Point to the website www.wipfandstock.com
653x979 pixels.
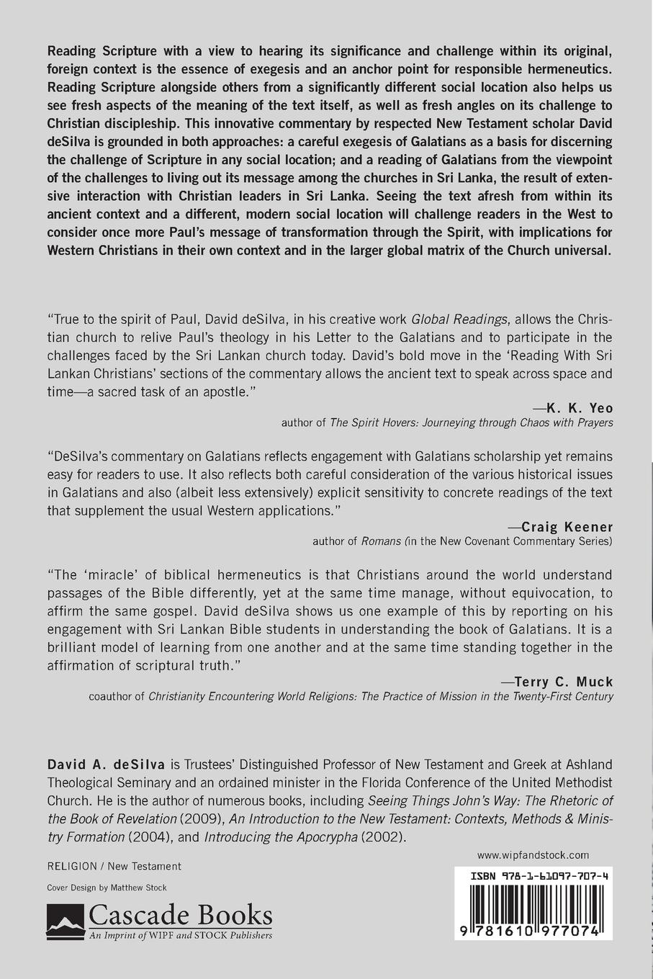(533, 855)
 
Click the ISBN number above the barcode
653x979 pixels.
(539, 878)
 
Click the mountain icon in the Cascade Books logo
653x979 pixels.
(66, 921)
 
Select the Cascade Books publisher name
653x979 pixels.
(180, 916)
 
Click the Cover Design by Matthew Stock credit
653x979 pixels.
(107, 888)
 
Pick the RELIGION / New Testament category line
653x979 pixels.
(114, 867)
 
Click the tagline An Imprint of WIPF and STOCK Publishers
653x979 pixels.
(180, 935)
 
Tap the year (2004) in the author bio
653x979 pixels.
(150, 837)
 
